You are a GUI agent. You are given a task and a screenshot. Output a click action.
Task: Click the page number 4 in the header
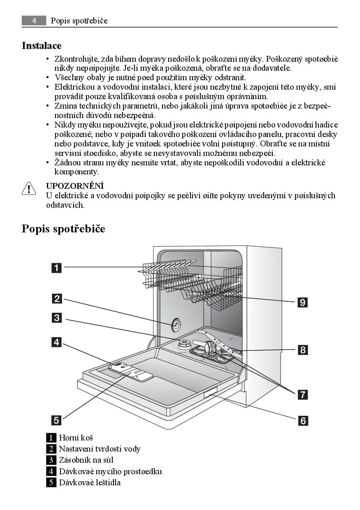34,21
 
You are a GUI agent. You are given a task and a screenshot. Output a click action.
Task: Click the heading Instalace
42,46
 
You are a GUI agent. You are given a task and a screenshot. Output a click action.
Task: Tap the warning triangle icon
29,189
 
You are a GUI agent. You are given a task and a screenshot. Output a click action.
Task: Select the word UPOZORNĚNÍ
74,186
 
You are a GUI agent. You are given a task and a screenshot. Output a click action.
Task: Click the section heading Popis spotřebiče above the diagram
63,229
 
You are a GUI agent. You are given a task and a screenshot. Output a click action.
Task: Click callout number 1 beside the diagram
57,268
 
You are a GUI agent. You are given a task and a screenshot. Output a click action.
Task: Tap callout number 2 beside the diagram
57,299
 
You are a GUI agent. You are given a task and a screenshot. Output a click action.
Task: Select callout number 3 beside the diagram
57,318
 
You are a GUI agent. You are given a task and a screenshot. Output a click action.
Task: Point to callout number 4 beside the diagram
57,341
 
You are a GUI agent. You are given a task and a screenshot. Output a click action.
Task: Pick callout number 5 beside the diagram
57,420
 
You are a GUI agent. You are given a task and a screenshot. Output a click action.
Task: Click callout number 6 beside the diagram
303,420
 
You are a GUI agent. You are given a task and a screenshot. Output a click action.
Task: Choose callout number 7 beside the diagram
303,395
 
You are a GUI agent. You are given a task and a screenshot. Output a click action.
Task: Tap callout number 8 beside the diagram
303,350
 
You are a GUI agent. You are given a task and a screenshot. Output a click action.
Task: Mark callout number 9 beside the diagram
303,303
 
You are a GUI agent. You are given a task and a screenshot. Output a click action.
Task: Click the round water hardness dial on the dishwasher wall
176,325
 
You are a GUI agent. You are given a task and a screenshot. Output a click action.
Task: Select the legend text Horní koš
76,438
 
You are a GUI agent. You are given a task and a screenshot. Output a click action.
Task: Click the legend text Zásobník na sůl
86,460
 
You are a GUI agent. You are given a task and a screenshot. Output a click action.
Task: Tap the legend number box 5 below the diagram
51,482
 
